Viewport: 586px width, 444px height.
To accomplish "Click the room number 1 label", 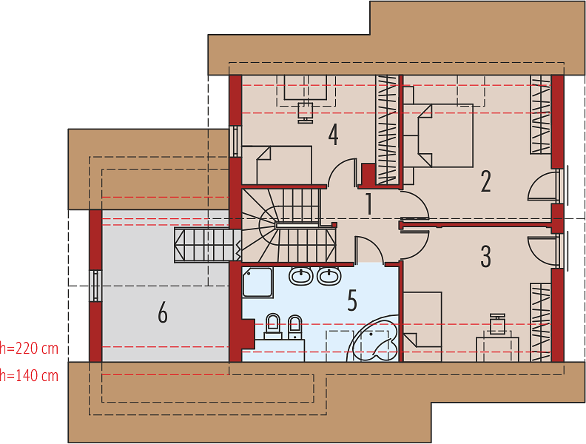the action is click(x=368, y=204).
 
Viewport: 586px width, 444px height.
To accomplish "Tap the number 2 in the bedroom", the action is click(x=485, y=181).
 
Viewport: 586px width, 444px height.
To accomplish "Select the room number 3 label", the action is click(x=485, y=256).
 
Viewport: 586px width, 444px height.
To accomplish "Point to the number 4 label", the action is click(x=334, y=135).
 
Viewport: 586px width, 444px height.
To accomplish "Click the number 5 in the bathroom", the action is click(x=352, y=300).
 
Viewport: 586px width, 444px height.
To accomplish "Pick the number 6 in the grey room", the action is click(x=163, y=312).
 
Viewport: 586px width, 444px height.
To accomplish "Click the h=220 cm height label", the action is click(x=29, y=349).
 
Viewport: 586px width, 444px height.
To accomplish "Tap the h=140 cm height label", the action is click(x=29, y=376).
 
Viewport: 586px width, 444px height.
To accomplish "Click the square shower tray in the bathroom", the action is click(x=257, y=283).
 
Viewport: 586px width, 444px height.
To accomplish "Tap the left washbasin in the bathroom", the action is click(x=301, y=276).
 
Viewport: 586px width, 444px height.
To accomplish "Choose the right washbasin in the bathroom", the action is click(x=329, y=276).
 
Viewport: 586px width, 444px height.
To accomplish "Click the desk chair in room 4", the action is click(x=306, y=112).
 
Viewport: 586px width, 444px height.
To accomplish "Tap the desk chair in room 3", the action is click(x=497, y=324).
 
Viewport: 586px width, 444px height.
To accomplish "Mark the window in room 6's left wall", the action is click(x=96, y=286).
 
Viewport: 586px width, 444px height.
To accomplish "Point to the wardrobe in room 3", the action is click(x=540, y=322).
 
